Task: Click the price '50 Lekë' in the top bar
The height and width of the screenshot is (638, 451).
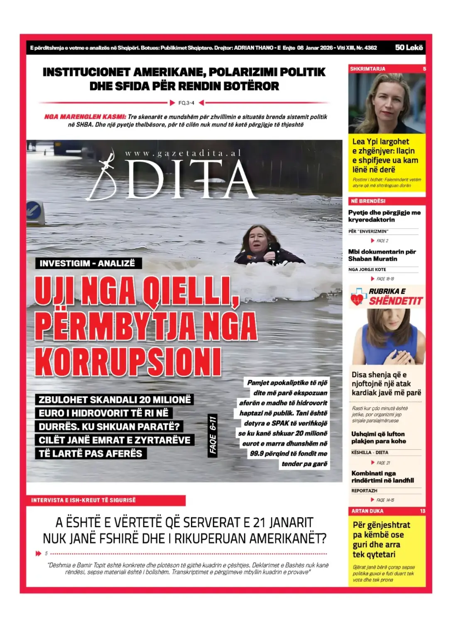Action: (409, 48)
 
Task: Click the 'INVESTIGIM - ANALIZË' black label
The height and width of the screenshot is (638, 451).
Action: (87, 263)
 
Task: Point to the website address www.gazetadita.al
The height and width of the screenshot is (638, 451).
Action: (183, 153)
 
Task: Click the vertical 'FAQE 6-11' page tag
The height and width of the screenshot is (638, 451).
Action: (213, 434)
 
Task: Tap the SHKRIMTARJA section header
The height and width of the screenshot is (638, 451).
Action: (368, 69)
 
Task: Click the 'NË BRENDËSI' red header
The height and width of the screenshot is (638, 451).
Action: (368, 201)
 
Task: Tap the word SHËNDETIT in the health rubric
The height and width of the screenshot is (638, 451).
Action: (395, 301)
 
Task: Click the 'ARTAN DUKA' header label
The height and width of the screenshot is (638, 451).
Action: (367, 511)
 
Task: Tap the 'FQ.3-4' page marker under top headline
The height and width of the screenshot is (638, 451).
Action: (186, 103)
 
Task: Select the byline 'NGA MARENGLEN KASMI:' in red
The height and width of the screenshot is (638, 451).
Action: (85, 117)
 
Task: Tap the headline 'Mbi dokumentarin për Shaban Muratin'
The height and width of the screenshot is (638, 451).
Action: (382, 255)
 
